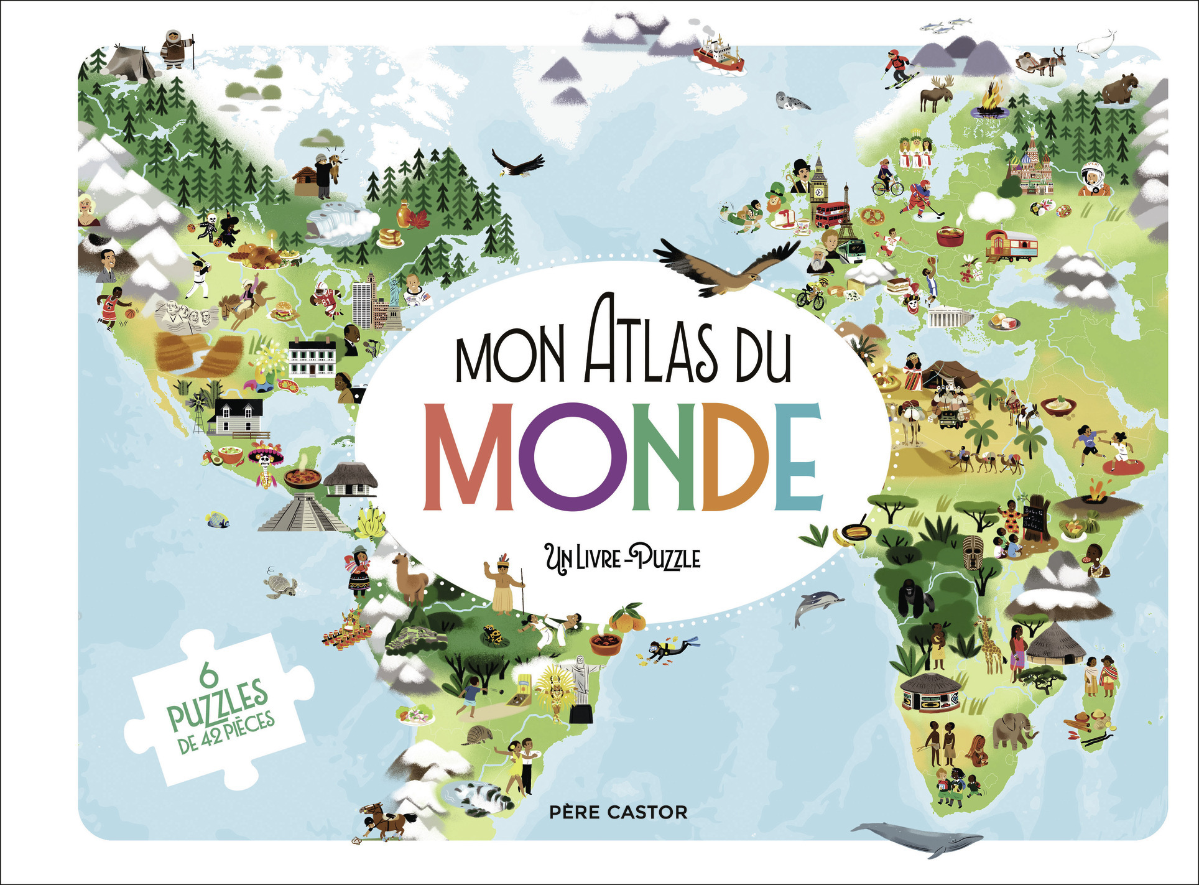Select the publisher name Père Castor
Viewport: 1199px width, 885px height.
(x=619, y=812)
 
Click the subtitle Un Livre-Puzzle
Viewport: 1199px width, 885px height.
(x=623, y=558)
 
